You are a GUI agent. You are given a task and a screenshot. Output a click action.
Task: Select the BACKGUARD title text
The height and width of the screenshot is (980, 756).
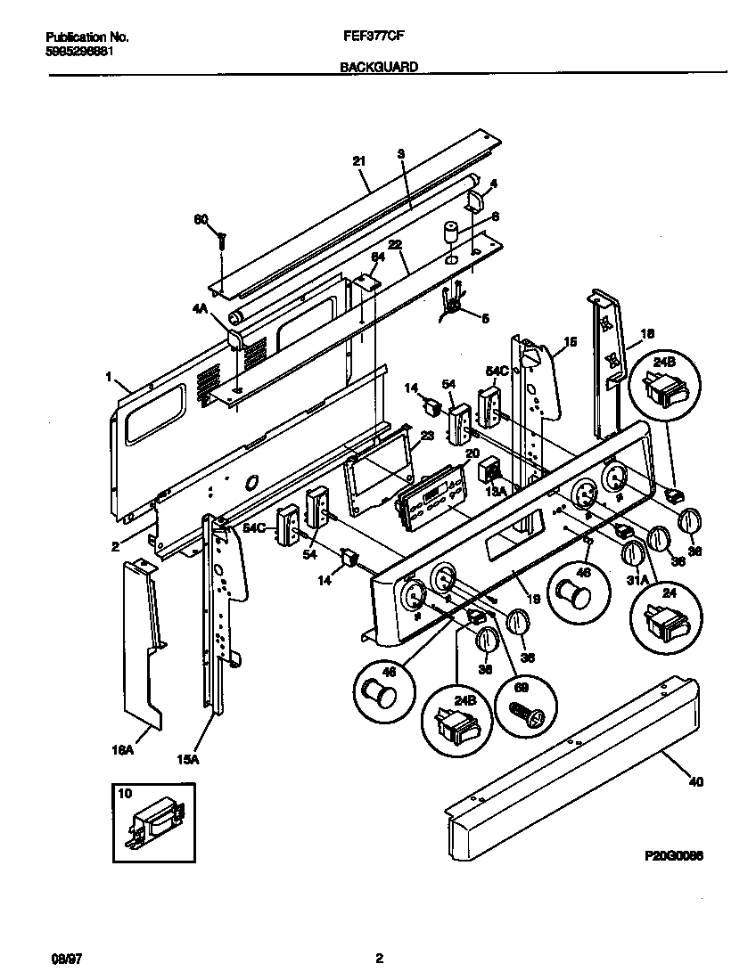(x=379, y=67)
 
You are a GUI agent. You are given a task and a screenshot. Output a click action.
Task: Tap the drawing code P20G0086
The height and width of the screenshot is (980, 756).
(x=674, y=854)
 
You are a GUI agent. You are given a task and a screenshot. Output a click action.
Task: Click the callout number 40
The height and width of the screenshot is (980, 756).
(x=695, y=783)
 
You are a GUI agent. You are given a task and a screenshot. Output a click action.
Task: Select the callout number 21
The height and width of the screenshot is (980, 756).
(x=359, y=161)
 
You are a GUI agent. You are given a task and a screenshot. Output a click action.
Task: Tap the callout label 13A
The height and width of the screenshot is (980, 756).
(x=496, y=488)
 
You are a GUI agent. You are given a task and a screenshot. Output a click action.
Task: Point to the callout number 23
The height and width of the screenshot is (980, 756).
(x=426, y=437)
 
